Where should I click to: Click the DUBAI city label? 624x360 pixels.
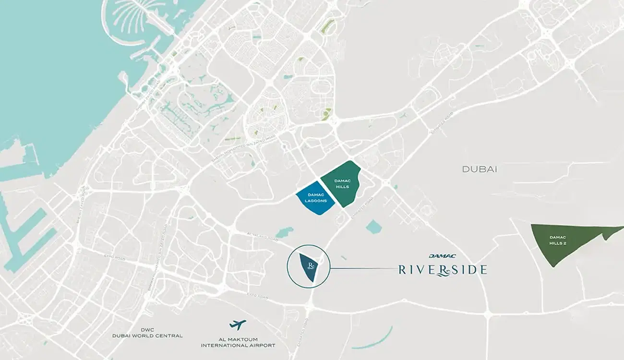(x=479, y=169)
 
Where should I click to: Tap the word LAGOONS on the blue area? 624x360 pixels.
(x=315, y=201)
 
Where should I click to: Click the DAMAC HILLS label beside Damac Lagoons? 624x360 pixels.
(x=342, y=183)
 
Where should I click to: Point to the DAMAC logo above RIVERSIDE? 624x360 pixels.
(x=442, y=256)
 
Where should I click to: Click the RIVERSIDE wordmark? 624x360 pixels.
(x=442, y=270)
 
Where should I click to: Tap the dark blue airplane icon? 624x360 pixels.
(x=238, y=325)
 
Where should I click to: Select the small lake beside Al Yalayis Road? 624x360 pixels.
(x=284, y=232)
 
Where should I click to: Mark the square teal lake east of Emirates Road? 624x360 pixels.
(x=373, y=227)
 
